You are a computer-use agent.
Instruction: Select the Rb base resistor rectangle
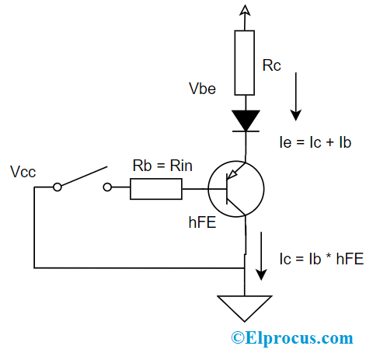coord(156,187)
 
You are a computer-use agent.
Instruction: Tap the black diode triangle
coord(246,120)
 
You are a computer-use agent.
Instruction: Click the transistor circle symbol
coord(236,187)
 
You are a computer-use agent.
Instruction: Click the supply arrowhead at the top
coord(246,9)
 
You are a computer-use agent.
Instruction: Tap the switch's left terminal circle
coord(58,187)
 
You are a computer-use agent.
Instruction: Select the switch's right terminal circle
coord(108,187)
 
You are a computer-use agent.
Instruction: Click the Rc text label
coord(274,66)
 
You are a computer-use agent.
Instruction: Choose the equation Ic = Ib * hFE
coord(320,259)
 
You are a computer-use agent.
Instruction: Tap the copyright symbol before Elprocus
coord(235,338)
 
